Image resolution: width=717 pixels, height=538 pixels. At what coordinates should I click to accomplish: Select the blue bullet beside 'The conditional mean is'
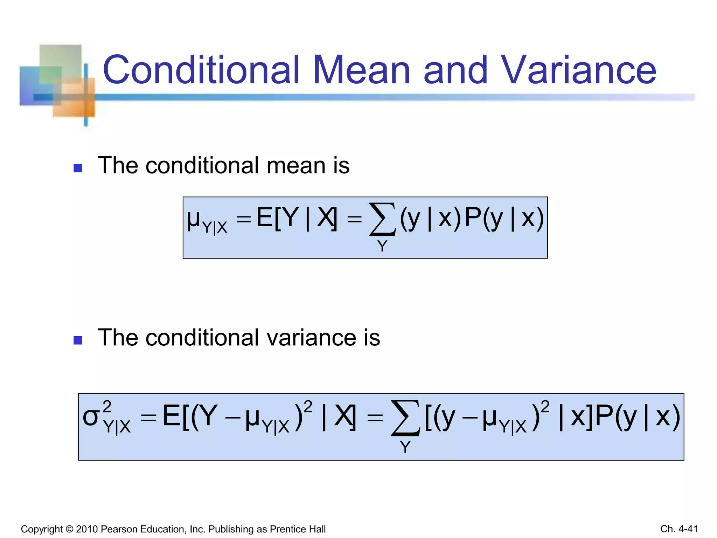78,168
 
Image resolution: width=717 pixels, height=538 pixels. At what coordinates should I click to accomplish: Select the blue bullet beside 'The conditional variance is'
78,340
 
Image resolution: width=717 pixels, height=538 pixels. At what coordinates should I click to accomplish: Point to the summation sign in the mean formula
382,219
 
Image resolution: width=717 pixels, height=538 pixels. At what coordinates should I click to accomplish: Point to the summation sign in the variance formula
405,418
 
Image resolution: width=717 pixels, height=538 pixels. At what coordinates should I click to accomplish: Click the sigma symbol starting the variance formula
91,418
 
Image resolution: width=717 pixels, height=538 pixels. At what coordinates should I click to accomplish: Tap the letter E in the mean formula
264,218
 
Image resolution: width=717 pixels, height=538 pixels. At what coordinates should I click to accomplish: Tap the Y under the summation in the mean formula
382,246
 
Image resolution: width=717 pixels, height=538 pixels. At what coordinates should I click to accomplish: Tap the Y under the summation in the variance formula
405,447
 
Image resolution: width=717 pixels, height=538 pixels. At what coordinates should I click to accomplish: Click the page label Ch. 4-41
679,529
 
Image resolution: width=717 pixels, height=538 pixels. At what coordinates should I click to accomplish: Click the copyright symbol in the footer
69,529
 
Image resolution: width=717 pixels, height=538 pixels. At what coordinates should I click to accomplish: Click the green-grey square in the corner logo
60,58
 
